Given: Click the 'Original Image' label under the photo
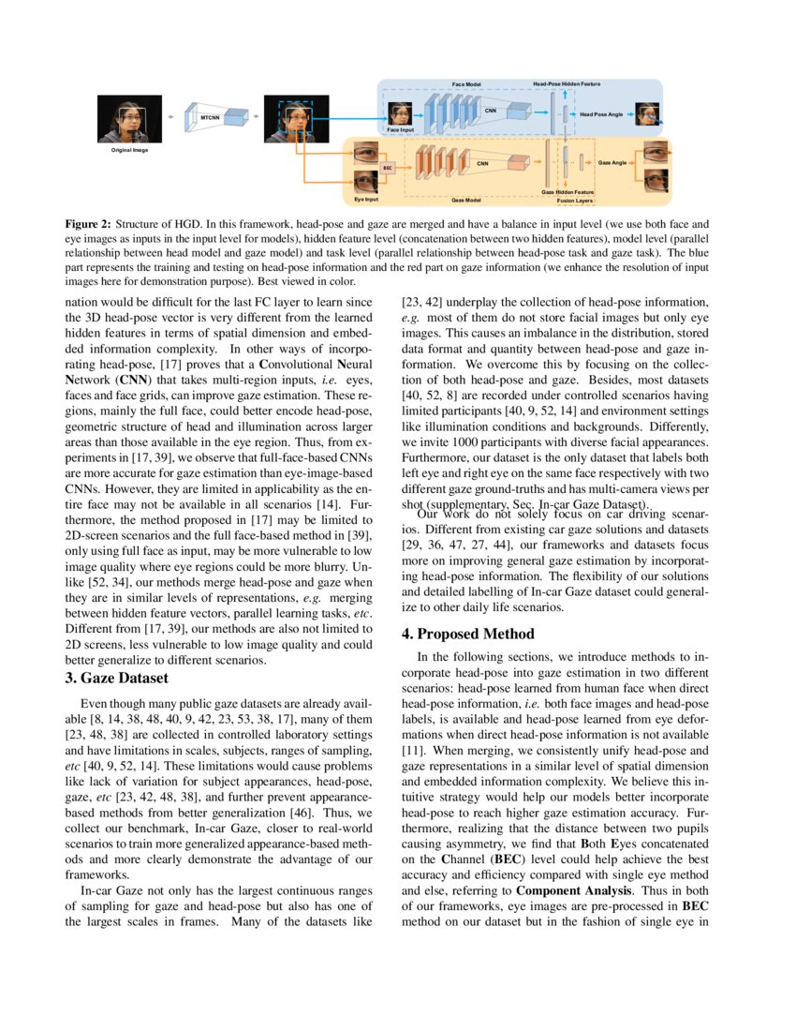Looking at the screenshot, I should (130, 150).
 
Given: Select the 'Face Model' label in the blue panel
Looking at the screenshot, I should (465, 84).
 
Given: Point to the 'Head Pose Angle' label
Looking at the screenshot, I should (600, 114).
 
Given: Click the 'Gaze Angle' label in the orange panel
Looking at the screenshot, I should (612, 163).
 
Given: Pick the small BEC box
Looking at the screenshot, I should (387, 167).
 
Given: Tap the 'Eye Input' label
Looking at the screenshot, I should (366, 200).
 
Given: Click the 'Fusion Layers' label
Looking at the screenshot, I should (574, 200).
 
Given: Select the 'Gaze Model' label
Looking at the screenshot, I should (465, 200).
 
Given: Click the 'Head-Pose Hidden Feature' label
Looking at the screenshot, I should (567, 84).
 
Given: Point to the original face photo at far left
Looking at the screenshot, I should (130, 120).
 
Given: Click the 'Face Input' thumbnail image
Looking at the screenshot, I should (400, 115).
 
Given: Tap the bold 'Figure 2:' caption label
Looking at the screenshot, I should (88, 225).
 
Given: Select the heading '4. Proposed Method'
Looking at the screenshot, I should (468, 634).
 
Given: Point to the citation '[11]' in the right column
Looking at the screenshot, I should (413, 751).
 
